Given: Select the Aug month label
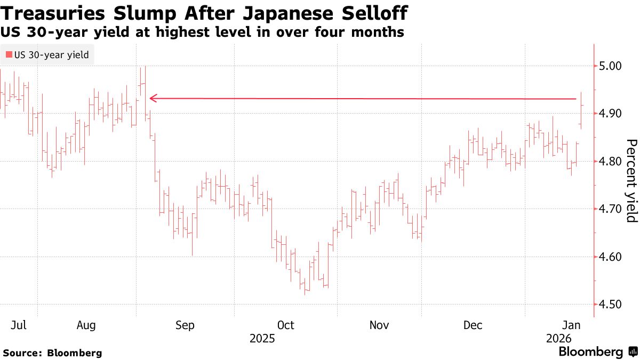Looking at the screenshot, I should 86,325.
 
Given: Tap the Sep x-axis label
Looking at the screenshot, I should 185,325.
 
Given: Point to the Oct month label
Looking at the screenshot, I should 285,325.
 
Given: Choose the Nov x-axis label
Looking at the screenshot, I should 379,325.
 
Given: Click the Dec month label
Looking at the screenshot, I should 473,325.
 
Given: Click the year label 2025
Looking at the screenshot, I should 262,339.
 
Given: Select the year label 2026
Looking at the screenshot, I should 558,339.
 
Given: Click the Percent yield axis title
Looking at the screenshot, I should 631,181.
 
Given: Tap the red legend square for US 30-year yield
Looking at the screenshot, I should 9,54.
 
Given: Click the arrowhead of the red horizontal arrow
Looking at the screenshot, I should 153,98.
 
